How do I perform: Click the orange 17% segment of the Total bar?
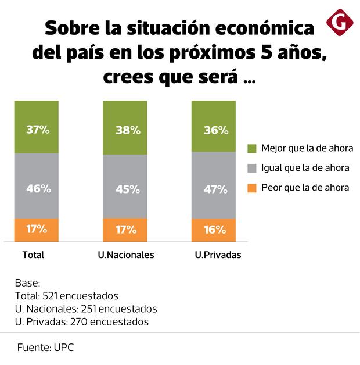click(37, 229)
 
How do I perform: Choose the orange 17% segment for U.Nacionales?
click(125, 229)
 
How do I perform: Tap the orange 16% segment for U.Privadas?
click(214, 229)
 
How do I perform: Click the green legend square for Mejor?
click(251, 148)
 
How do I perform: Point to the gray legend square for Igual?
click(251, 168)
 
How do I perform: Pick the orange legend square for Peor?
click(251, 188)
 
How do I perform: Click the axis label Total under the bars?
click(33, 255)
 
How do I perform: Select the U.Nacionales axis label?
click(125, 255)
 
